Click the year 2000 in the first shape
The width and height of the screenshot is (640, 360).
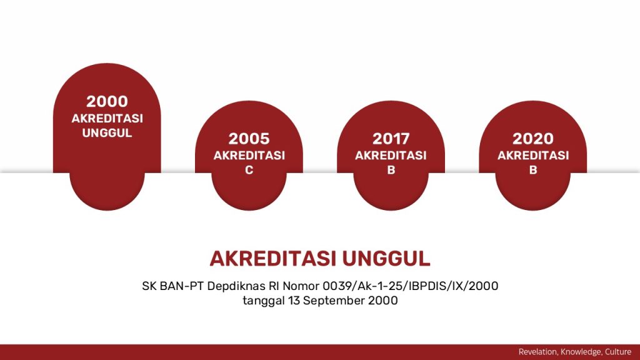(107, 101)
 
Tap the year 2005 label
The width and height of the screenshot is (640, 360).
(249, 139)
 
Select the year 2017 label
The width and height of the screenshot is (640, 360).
(391, 139)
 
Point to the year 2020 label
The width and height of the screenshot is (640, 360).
(532, 139)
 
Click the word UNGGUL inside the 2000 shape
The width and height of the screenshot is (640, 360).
(107, 132)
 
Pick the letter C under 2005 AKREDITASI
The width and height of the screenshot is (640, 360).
(249, 170)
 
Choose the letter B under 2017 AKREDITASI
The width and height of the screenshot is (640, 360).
(391, 170)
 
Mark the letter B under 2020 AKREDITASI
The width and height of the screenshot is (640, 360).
(533, 170)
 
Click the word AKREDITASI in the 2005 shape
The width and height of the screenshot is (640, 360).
(249, 156)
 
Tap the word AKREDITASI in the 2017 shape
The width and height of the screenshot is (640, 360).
(391, 156)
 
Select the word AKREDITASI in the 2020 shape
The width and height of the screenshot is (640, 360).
(533, 156)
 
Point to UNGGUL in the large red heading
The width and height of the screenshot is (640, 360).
(386, 258)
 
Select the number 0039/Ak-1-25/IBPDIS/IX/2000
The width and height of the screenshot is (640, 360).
(410, 286)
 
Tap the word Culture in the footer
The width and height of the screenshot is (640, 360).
(618, 352)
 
